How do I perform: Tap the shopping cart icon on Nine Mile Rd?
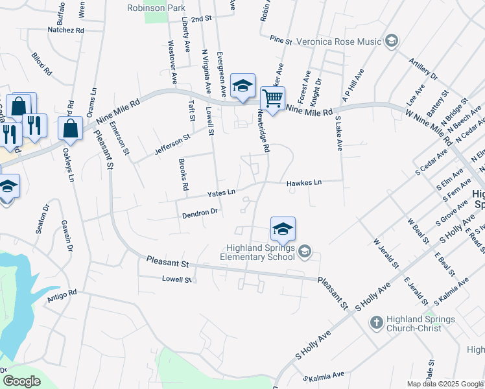click(272, 99)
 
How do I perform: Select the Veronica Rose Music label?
click(338, 41)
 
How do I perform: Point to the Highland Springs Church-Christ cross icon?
click(376, 322)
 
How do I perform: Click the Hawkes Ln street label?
click(304, 183)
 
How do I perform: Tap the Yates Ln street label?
click(220, 193)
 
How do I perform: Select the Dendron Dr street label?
click(200, 212)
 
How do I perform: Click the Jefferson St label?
click(172, 145)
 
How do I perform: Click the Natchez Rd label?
click(66, 30)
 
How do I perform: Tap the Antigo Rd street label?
click(62, 296)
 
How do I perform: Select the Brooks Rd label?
click(182, 176)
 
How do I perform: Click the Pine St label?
click(281, 40)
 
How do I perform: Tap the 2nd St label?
click(202, 19)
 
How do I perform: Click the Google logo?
click(21, 381)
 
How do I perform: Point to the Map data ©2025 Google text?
click(445, 384)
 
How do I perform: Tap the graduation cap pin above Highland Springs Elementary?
click(283, 229)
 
